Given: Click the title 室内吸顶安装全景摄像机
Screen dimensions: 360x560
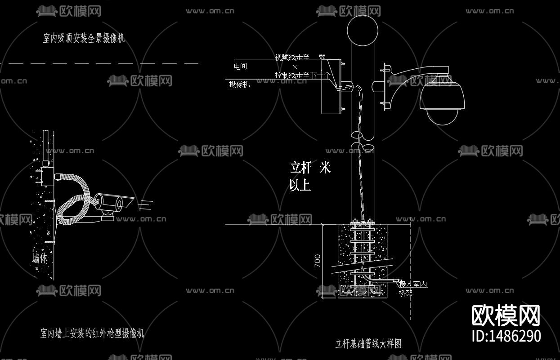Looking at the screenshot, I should point(84,38).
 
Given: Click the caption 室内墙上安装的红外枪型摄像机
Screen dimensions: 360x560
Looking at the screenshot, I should point(92,333).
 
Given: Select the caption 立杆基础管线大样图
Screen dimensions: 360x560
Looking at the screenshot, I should point(368,344).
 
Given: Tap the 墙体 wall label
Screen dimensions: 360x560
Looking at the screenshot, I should point(40,258).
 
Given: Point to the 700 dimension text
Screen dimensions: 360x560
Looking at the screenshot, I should point(318,261).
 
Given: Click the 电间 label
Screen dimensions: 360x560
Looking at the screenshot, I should point(240,67).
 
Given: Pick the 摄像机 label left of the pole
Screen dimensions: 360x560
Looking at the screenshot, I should point(239,84).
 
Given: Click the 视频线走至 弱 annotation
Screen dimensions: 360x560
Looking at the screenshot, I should point(300,57).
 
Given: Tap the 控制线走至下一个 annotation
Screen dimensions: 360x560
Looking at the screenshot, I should point(302,75).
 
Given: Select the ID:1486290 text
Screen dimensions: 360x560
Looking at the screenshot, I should point(506,336).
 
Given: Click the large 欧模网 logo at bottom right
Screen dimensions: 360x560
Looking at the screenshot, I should point(506,316).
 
